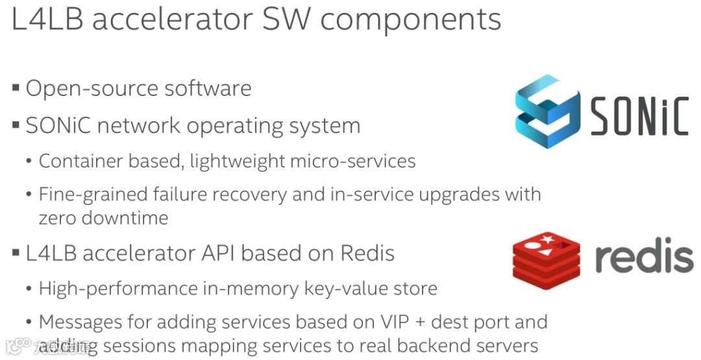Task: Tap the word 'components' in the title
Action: pyautogui.click(x=410, y=20)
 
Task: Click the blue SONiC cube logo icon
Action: pyautogui.click(x=547, y=112)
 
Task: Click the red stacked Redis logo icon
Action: pyautogui.click(x=547, y=259)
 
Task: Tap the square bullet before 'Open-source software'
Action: pyautogui.click(x=16, y=88)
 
